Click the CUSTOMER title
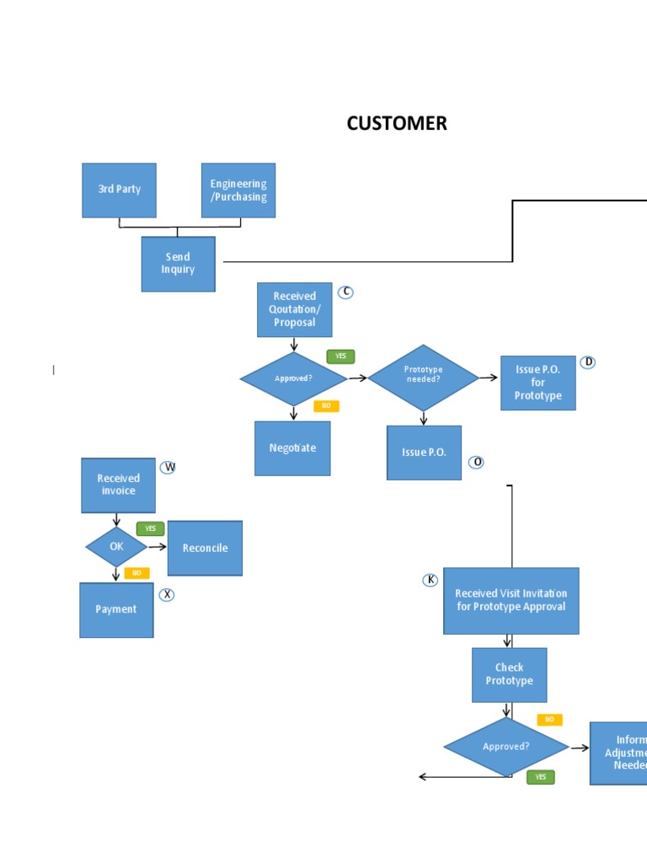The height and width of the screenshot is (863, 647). pyautogui.click(x=397, y=123)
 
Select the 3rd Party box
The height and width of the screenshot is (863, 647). pyautogui.click(x=119, y=190)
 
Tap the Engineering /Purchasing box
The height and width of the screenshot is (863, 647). pyautogui.click(x=238, y=190)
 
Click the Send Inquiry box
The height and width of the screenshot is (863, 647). pyautogui.click(x=178, y=264)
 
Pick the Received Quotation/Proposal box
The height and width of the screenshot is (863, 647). pyautogui.click(x=294, y=309)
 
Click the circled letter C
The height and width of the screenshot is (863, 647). pyautogui.click(x=345, y=292)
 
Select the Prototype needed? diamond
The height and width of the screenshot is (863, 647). pyautogui.click(x=423, y=378)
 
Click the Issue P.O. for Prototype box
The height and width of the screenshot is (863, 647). pyautogui.click(x=537, y=383)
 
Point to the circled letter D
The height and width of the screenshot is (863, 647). pyautogui.click(x=588, y=362)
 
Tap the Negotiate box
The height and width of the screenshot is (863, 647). pyautogui.click(x=292, y=448)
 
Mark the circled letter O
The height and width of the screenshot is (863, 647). pyautogui.click(x=476, y=462)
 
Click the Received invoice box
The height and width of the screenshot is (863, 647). pyautogui.click(x=118, y=485)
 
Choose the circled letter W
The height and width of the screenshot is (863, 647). pyautogui.click(x=168, y=467)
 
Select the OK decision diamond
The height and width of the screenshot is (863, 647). pyautogui.click(x=116, y=547)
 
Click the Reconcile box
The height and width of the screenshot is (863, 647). pyautogui.click(x=205, y=548)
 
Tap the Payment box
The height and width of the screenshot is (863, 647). pyautogui.click(x=116, y=609)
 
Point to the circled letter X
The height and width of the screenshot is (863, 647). pyautogui.click(x=167, y=595)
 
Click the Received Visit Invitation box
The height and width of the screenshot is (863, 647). pyautogui.click(x=511, y=600)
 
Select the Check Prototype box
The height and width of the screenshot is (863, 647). pyautogui.click(x=509, y=674)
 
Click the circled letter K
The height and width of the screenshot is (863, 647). pyautogui.click(x=430, y=580)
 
